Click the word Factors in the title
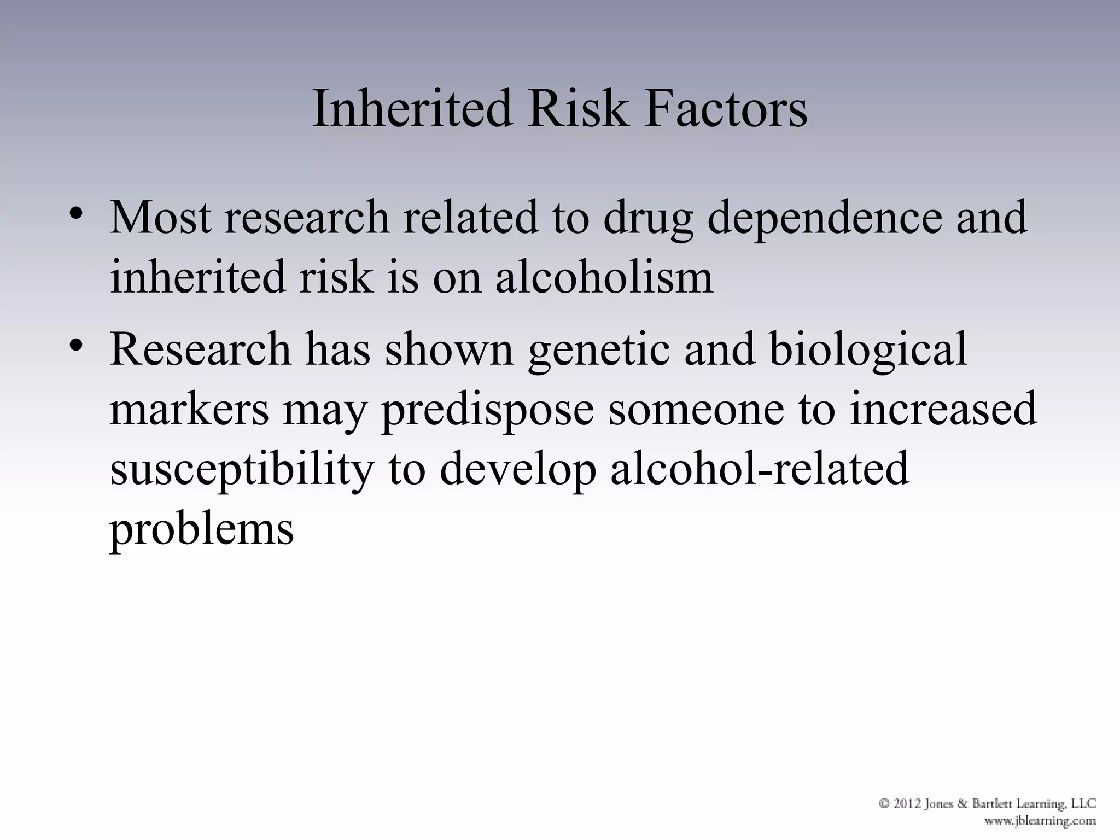click(725, 109)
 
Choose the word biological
click(868, 351)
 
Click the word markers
click(189, 410)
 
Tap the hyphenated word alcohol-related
click(760, 469)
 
